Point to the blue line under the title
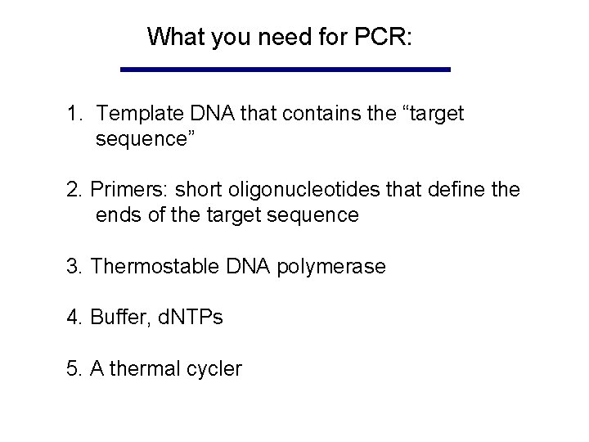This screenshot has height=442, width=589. coord(285,70)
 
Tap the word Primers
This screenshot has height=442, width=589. coord(126,192)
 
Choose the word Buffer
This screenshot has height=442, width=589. coord(119,318)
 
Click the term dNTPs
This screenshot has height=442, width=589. coord(187,318)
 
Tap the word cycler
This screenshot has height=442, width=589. coord(215,369)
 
